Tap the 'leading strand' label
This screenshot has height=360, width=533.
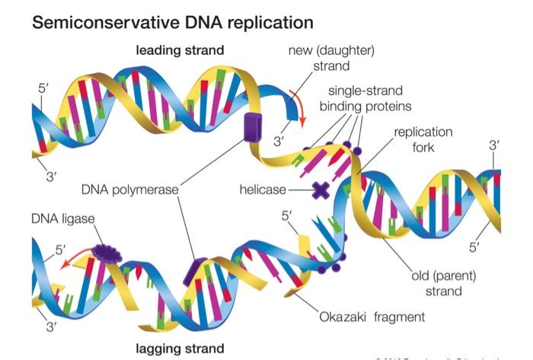tap(180, 50)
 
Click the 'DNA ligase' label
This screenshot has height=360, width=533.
tap(64, 218)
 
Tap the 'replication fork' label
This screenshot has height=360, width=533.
tap(423, 139)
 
